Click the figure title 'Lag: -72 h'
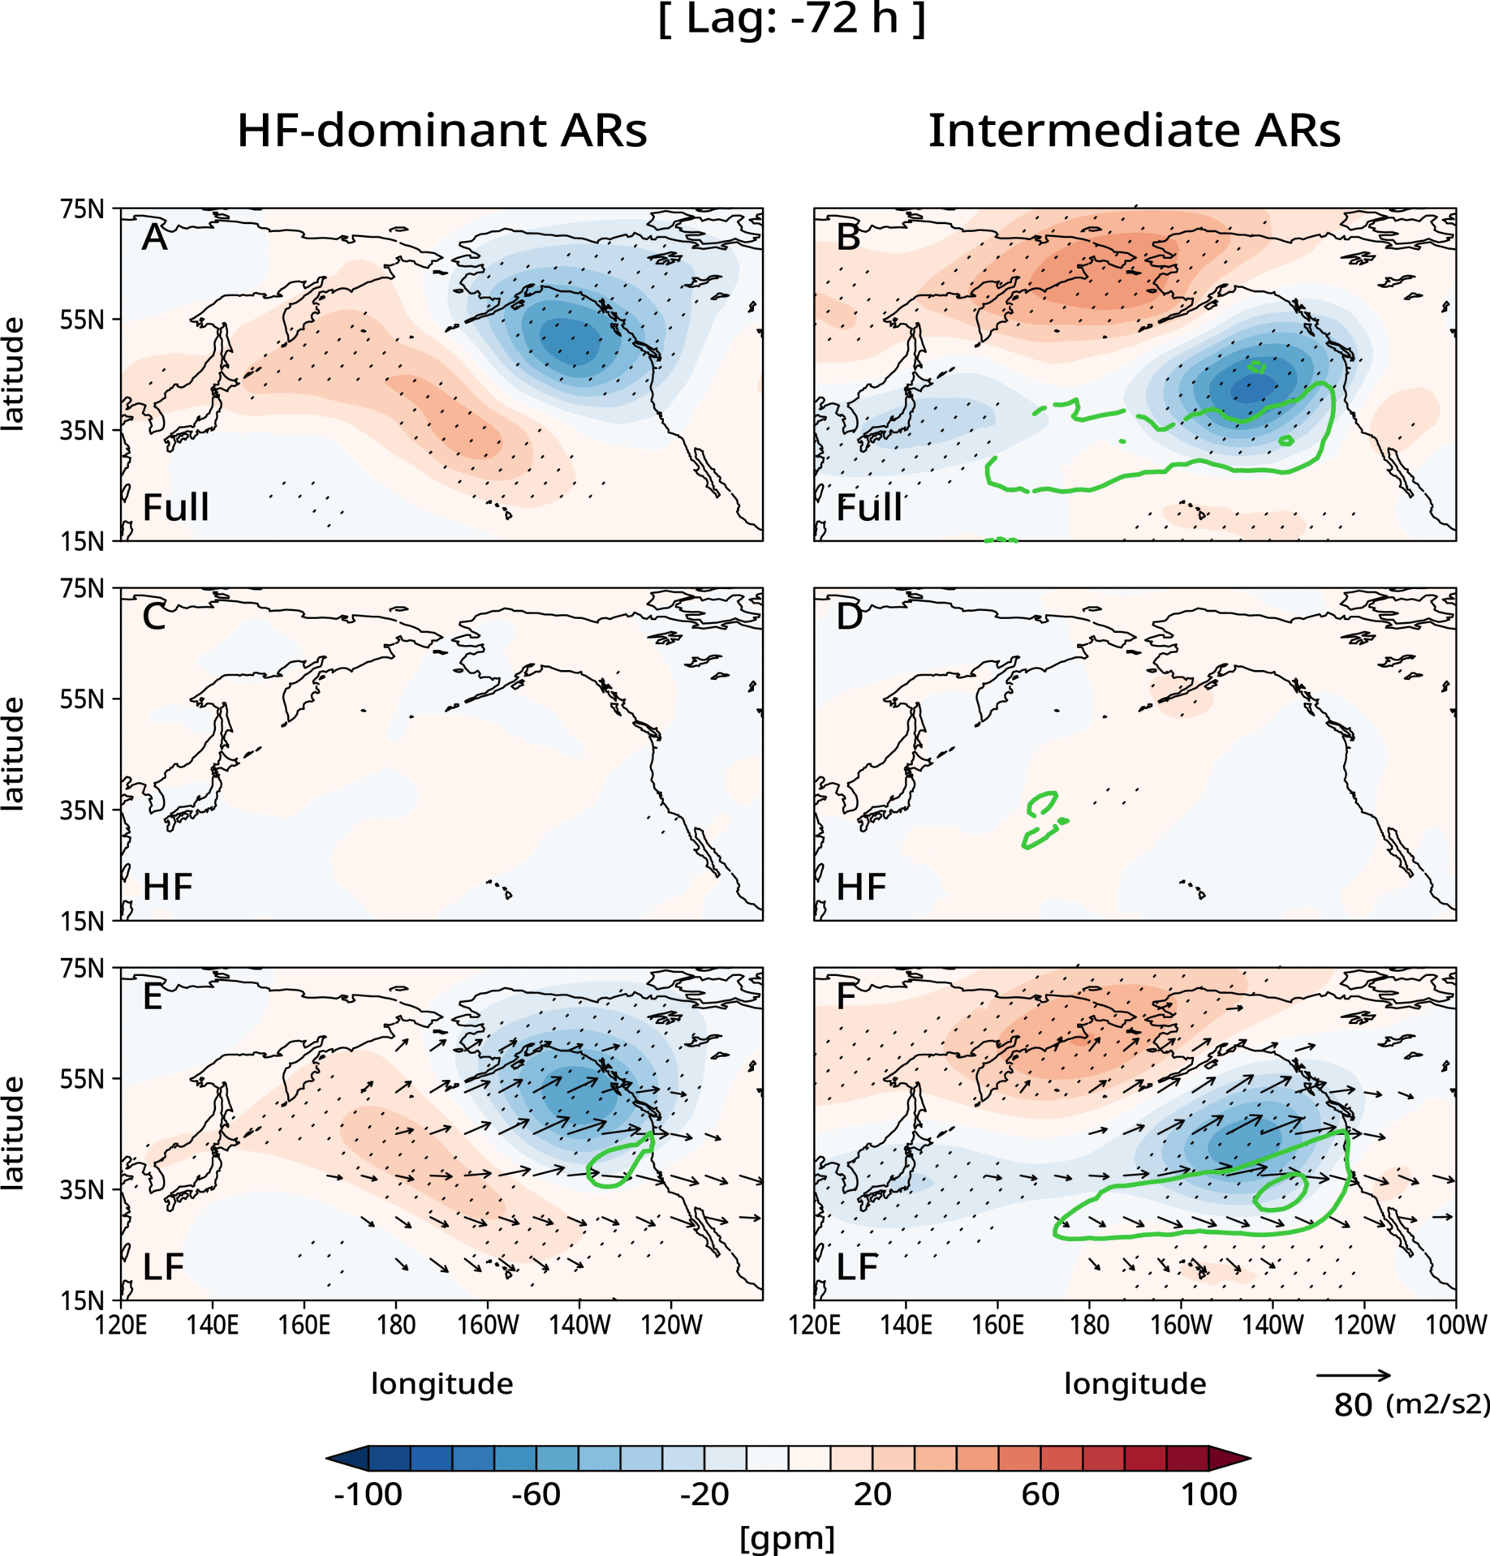pos(791,19)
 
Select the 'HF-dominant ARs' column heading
pos(441,131)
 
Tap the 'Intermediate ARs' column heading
pos(1134,131)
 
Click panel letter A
pos(154,238)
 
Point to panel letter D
pos(849,617)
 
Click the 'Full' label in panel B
pos(869,508)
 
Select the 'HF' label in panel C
pos(167,888)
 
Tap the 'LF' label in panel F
pos(857,1267)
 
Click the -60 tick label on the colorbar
pos(536,1494)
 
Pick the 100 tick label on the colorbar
pos(1208,1494)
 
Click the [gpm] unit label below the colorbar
pos(787,1537)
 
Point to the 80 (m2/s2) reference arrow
pos(1353,1376)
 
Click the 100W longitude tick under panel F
pos(1456,1326)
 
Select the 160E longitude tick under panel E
pos(304,1326)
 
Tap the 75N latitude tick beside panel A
pos(83,209)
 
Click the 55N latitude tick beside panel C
pos(83,699)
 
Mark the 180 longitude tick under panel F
pos(1089,1326)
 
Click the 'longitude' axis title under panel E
pos(441,1384)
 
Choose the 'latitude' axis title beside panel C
pos(13,754)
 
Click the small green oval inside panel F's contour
pos(1280,1191)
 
